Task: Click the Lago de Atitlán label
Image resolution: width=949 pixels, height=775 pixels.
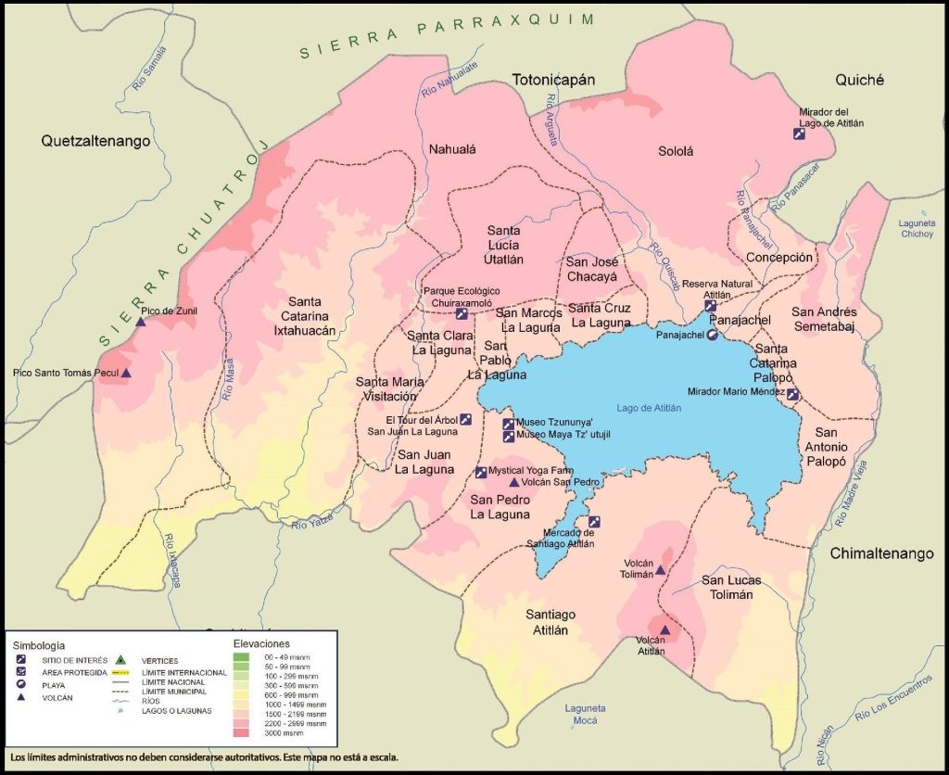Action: point(649,408)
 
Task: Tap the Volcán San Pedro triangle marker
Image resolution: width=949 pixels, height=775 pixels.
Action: point(514,483)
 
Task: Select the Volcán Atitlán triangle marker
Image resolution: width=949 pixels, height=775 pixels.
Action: point(664,630)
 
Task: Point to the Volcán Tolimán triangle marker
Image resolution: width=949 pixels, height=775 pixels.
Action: point(660,570)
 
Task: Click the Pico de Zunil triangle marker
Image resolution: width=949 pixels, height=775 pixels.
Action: point(141,323)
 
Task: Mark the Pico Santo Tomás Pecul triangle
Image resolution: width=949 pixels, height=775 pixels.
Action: point(126,374)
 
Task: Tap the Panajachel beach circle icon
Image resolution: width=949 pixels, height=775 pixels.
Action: point(712,336)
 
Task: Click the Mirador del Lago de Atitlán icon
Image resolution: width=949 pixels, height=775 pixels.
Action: point(799,133)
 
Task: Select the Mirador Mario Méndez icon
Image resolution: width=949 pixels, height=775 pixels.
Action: point(792,394)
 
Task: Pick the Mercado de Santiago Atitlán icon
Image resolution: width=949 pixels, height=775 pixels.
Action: point(594,521)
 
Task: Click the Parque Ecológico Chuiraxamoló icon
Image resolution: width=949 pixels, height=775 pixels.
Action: point(462,313)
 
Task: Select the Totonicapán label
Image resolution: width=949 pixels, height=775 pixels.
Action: point(553,81)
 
